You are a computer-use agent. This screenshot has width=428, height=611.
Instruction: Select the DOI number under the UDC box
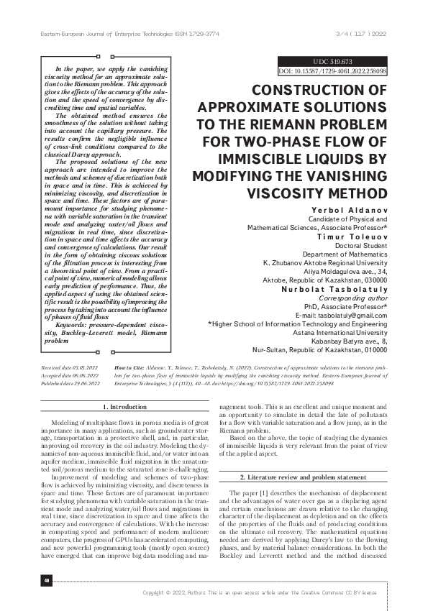pos(332,72)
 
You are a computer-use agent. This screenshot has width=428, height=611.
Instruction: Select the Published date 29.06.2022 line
pos(70,385)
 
